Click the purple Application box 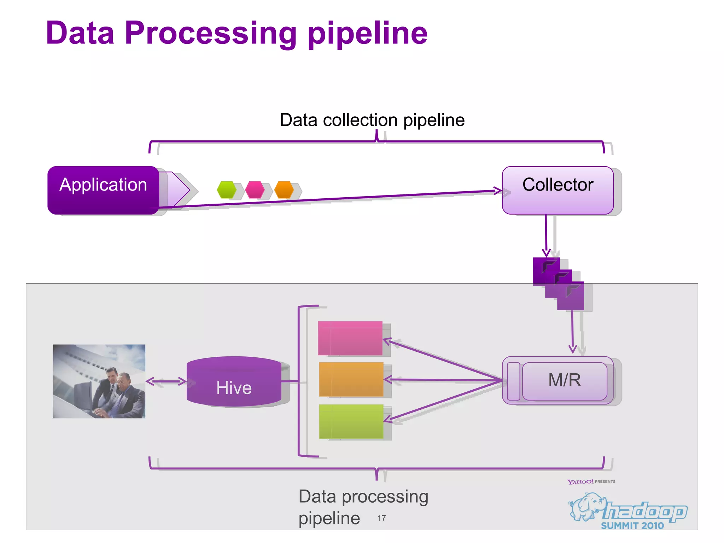pos(103,190)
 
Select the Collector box pos(557,190)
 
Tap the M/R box pos(564,380)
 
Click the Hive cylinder pos(234,382)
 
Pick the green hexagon pos(227,189)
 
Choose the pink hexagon pos(255,189)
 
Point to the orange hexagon pos(284,189)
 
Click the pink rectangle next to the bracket pos(350,338)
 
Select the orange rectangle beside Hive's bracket pos(351,379)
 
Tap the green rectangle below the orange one pos(351,421)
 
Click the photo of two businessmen pos(99,381)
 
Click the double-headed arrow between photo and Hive pos(166,381)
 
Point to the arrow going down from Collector pos(546,235)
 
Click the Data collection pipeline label pos(372,120)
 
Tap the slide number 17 pos(381,518)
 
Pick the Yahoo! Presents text pos(591,481)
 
